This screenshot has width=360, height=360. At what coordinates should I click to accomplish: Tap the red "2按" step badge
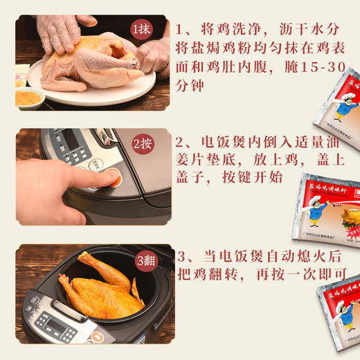143,144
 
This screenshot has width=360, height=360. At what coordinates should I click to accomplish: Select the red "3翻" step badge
143,260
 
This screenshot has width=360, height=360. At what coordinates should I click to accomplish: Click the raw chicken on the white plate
90,62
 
